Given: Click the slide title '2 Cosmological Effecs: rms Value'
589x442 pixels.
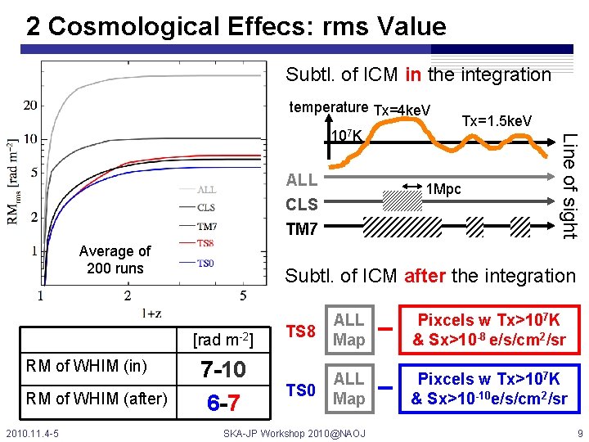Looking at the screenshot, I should coord(236,26).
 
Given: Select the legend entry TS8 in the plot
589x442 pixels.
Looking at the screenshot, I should coord(205,243).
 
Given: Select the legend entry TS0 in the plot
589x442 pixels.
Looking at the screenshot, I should coord(205,263).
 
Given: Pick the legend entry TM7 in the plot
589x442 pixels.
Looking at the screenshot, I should coord(207,226).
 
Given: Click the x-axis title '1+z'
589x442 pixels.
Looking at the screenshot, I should coord(152,312).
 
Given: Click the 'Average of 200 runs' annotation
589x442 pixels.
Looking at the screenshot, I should coord(115,260).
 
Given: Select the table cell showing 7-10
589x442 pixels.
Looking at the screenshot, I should coord(223,371).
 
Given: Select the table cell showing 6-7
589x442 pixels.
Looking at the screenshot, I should coord(223,403).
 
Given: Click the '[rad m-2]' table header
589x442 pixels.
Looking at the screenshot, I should coord(223,339).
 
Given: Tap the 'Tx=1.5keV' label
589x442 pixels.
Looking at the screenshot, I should coord(497,121).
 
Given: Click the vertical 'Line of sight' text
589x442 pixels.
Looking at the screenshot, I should coord(570,186).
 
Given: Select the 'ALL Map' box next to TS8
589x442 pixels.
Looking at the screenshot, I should coord(348,330).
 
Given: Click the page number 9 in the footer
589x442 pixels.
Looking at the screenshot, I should coord(579,431).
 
